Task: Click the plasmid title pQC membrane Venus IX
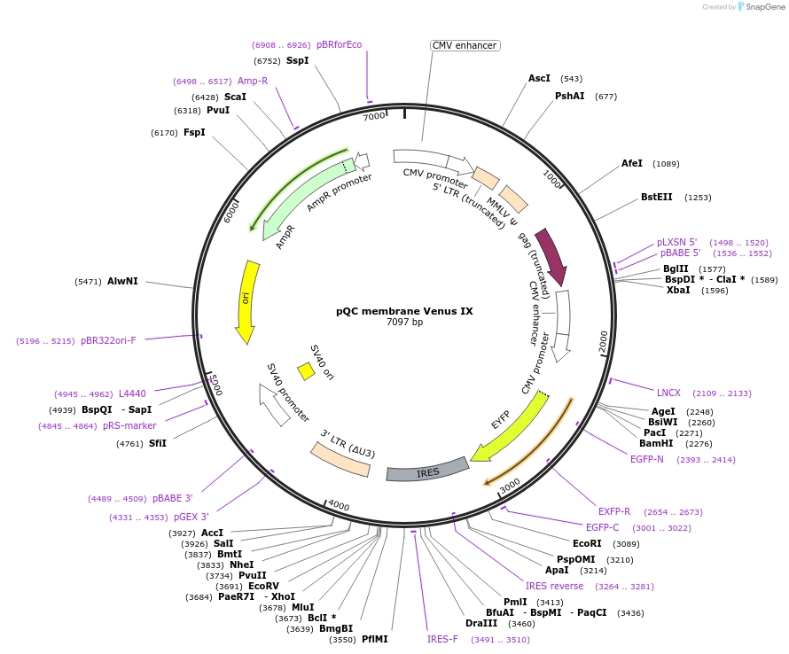(404, 311)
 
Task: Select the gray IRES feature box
(427, 471)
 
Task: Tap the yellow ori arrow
(246, 301)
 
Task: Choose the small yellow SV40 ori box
(306, 370)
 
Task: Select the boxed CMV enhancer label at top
(465, 45)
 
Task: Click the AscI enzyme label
(539, 78)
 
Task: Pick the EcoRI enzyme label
(587, 543)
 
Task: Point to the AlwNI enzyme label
(122, 281)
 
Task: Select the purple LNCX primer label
(668, 393)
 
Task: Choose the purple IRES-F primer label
(442, 639)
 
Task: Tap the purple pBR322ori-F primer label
(108, 340)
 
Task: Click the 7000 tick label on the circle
(374, 116)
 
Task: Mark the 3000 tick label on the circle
(510, 487)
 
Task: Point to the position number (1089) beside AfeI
(666, 164)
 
